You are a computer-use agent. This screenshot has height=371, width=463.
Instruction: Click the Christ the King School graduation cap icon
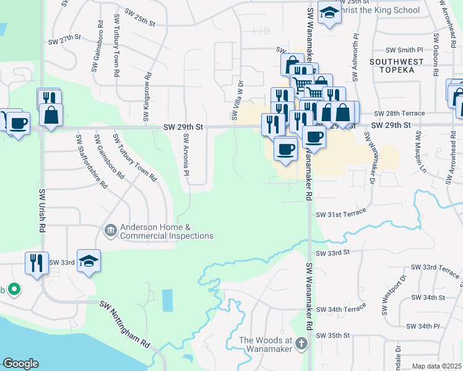tap(329, 12)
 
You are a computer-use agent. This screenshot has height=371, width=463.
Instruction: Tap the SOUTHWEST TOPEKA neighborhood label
tap(396, 66)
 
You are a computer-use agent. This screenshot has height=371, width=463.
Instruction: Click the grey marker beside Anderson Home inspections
tap(110, 231)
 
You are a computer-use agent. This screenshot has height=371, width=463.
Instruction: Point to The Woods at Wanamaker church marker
tap(301, 344)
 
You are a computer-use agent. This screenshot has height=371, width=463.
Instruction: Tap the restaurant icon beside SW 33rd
tap(37, 262)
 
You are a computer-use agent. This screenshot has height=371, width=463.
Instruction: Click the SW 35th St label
tap(333, 335)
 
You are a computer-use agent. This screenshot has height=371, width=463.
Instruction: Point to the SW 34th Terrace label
tap(341, 309)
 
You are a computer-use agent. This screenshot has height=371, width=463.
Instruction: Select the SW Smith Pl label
tap(404, 49)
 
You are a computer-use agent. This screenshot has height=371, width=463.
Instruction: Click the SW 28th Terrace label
tap(404, 113)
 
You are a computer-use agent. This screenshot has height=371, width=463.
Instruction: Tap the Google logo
tap(20, 364)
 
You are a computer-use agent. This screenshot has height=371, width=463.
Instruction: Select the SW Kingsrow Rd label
tap(147, 101)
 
